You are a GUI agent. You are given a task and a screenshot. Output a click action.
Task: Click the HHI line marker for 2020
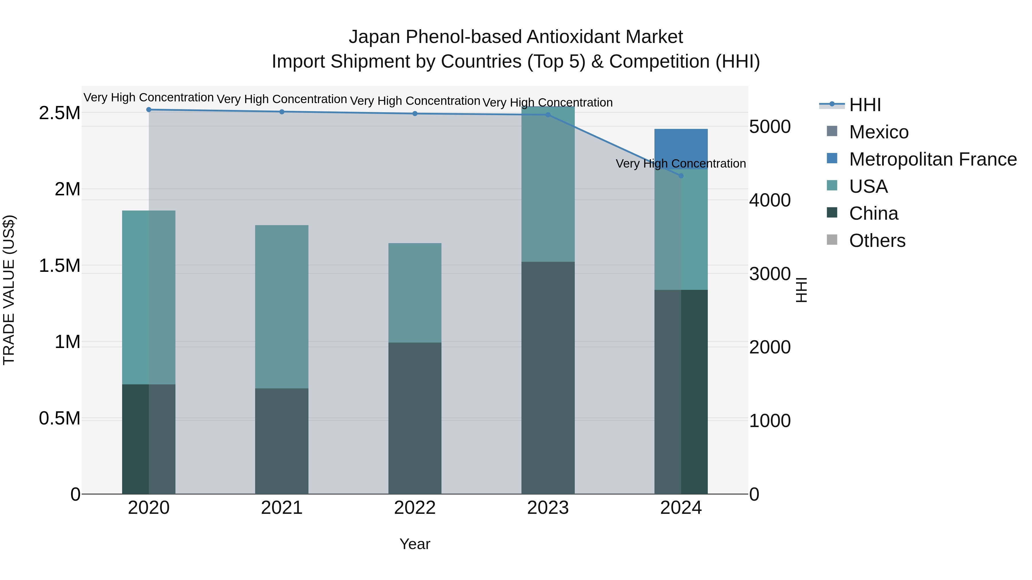click(x=148, y=110)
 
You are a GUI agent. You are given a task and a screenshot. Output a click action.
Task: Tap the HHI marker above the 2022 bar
click(x=415, y=114)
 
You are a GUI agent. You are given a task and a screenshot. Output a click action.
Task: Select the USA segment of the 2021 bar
click(x=282, y=306)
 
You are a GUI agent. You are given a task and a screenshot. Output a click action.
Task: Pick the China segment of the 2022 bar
click(x=415, y=418)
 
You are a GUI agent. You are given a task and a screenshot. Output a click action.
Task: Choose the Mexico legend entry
click(x=879, y=132)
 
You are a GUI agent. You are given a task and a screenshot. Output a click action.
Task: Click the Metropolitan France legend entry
click(x=933, y=159)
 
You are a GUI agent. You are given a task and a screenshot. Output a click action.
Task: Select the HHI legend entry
click(x=865, y=105)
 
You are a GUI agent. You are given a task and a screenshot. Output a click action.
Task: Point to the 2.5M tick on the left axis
click(x=60, y=113)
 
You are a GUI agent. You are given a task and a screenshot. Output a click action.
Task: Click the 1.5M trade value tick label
click(x=60, y=266)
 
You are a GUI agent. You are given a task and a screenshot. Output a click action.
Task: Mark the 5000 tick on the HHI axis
click(x=770, y=127)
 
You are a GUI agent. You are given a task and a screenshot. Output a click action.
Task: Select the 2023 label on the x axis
click(x=548, y=508)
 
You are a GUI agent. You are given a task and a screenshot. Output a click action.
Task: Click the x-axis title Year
click(x=415, y=544)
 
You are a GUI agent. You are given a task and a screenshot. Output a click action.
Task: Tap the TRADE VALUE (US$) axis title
click(x=9, y=290)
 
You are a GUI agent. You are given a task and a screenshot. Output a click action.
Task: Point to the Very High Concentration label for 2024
click(x=681, y=164)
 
